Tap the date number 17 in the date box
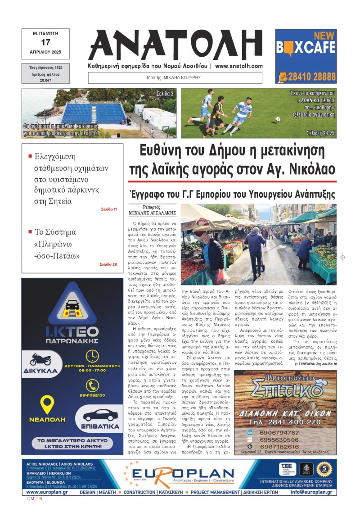point(45,42)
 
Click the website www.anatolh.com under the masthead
point(239,66)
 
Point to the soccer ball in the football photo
point(278,119)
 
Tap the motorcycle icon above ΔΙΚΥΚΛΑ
point(40,359)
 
